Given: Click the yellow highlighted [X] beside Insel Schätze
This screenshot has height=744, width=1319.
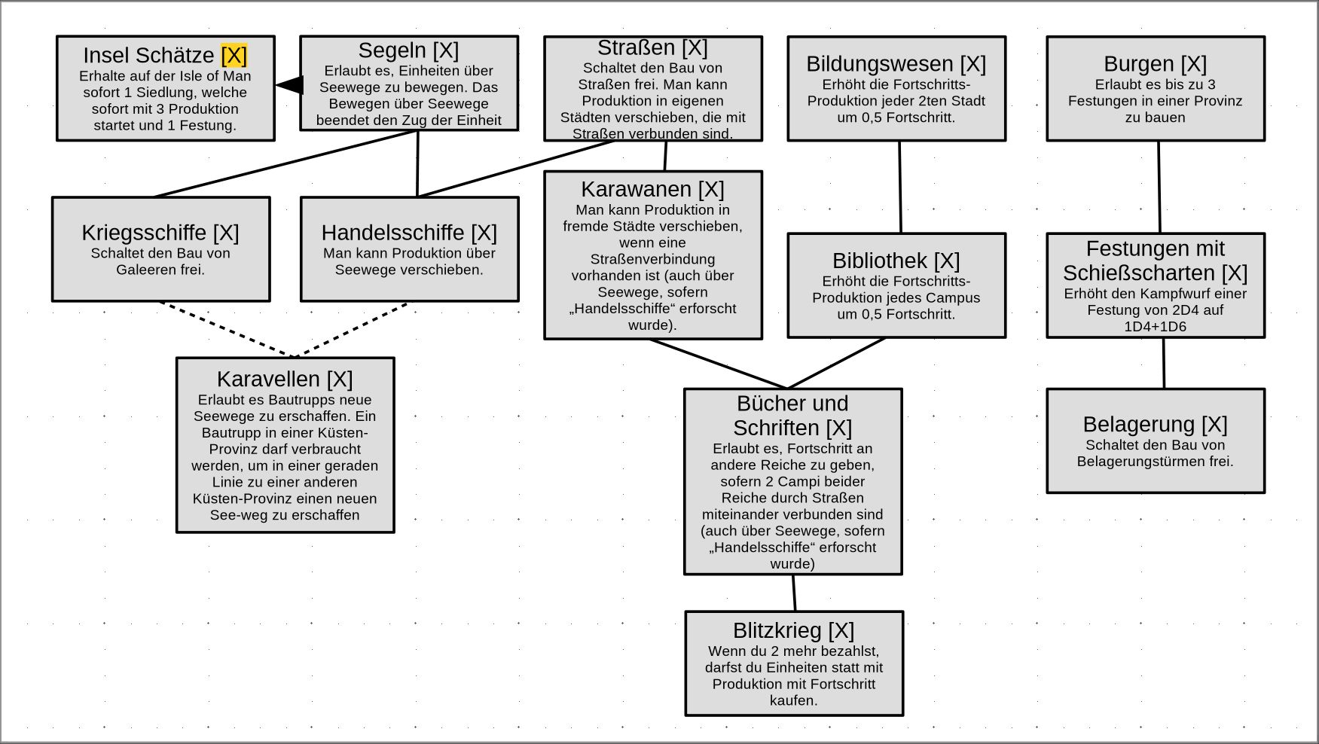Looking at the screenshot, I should [x=234, y=55].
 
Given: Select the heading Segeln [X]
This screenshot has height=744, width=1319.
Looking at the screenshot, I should [x=408, y=50].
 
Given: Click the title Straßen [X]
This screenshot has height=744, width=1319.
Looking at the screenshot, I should [x=652, y=47].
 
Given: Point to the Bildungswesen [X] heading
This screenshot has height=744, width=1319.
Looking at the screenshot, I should [x=896, y=64].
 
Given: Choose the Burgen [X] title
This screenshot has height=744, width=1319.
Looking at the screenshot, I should [x=1155, y=64].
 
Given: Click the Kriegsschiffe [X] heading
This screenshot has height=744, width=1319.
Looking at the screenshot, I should [x=160, y=233].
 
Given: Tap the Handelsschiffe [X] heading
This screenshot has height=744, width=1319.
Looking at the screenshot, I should [x=409, y=233].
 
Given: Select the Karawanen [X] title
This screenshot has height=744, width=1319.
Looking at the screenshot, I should [x=652, y=189].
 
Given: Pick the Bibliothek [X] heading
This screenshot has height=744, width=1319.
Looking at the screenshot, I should [x=896, y=261].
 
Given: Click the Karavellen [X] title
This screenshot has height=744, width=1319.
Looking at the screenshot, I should [x=285, y=379].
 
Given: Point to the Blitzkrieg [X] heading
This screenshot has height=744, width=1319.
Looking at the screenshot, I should [x=793, y=630].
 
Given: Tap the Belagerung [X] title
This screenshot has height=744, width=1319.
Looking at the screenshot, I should [x=1155, y=424].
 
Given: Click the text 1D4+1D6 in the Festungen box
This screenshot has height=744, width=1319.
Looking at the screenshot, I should [x=1155, y=327].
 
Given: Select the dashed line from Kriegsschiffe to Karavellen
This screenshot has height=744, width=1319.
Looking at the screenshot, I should [x=226, y=329].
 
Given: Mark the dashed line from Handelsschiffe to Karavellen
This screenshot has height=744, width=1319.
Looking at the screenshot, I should [x=351, y=329].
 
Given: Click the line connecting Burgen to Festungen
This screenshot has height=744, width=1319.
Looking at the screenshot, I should [x=1159, y=187].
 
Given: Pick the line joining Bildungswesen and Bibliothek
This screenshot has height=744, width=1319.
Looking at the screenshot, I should [x=900, y=187].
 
